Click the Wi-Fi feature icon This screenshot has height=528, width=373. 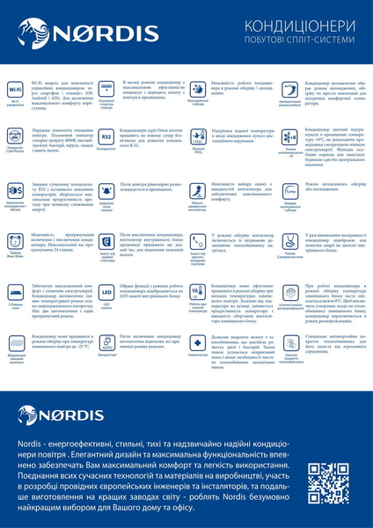pos(16,91)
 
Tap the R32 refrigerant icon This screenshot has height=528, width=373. pos(106,137)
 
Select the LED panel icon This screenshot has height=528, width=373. pos(106,291)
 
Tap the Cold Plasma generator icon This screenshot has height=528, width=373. pos(16,137)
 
